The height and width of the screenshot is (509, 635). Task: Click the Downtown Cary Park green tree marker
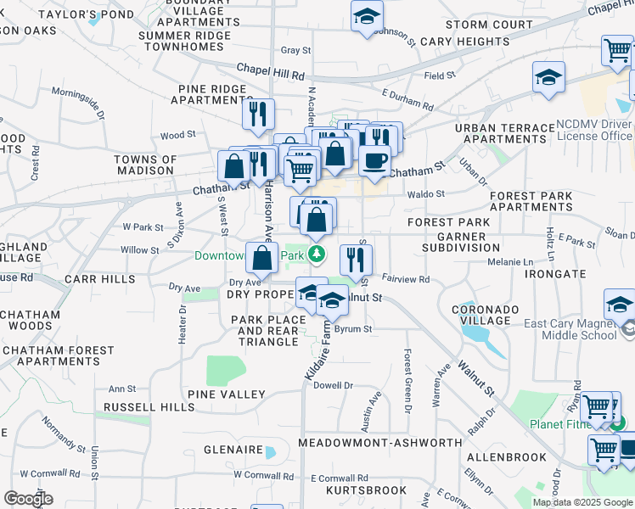click(317, 254)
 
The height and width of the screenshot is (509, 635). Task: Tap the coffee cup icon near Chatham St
click(374, 159)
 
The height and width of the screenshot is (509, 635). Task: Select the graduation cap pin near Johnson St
click(367, 16)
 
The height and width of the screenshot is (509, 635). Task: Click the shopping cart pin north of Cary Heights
click(616, 51)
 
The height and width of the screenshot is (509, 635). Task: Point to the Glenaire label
click(232, 450)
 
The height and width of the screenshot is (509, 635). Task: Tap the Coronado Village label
click(481, 314)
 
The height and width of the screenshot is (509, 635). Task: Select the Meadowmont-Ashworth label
click(381, 442)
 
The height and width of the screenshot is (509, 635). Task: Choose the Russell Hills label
click(149, 407)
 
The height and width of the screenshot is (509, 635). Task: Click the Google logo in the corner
click(28, 499)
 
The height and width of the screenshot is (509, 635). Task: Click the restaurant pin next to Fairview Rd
click(356, 259)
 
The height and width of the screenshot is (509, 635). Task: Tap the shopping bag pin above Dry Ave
click(262, 257)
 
